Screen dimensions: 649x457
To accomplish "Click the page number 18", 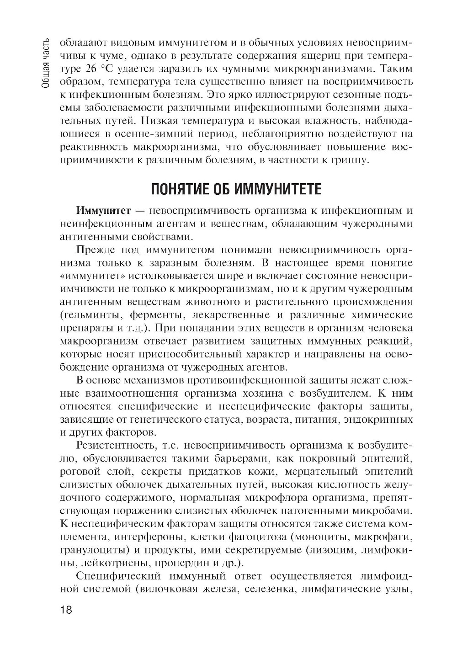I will coord(66,611).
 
